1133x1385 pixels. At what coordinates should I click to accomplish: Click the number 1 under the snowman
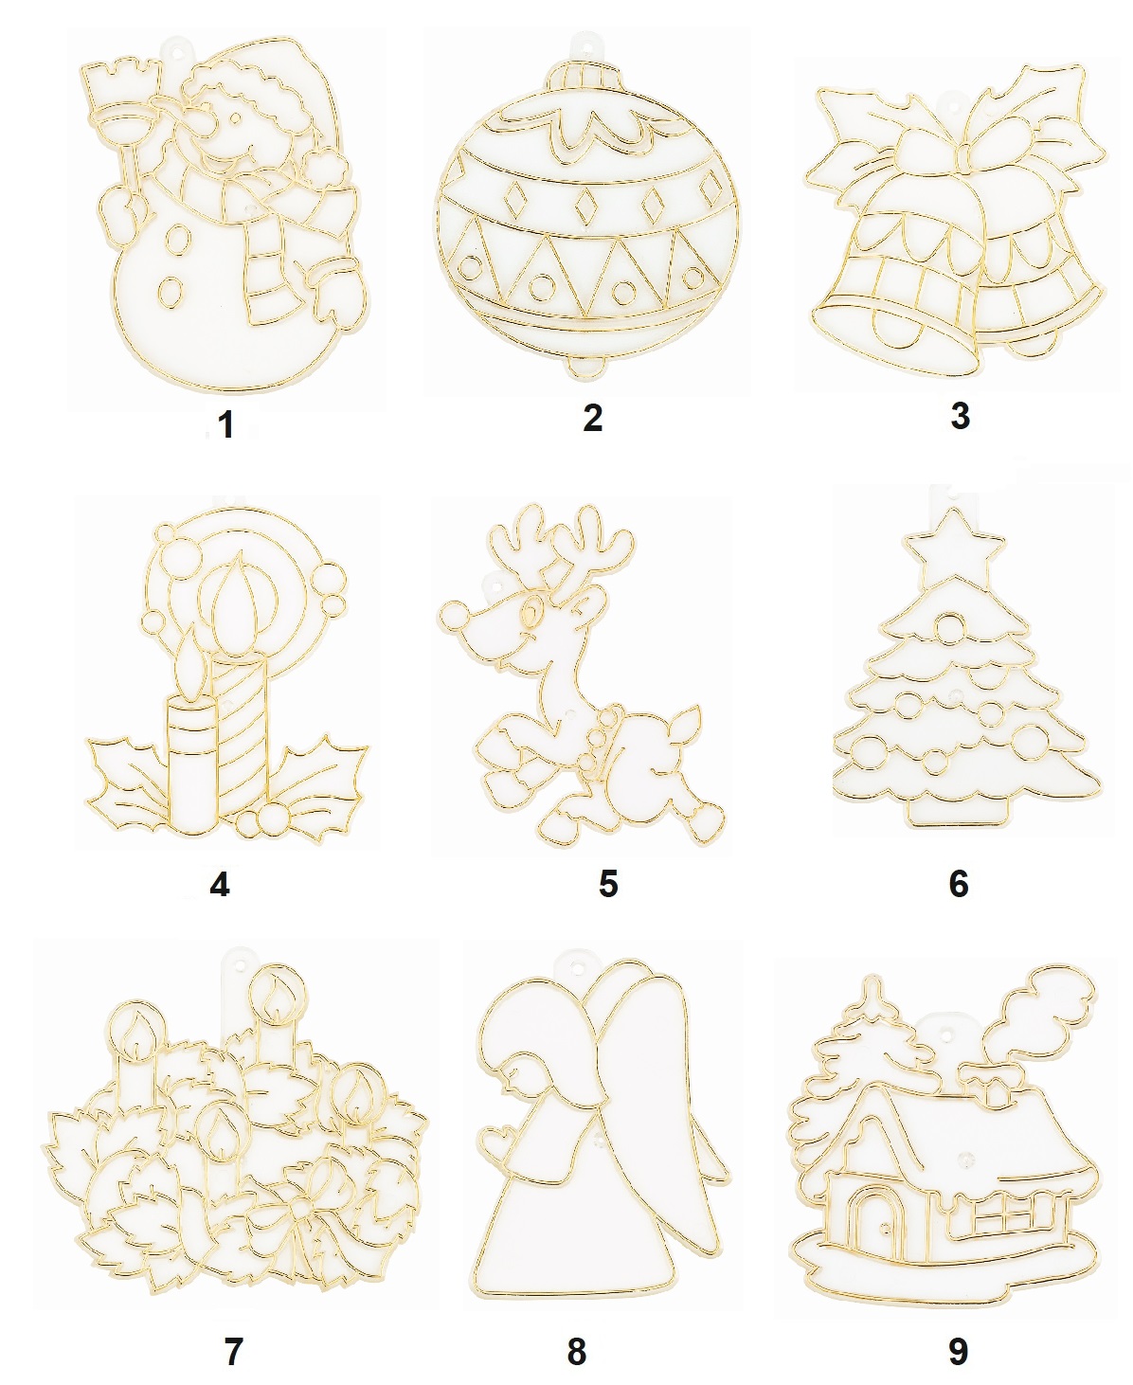(226, 424)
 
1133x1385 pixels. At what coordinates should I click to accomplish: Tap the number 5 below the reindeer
(607, 883)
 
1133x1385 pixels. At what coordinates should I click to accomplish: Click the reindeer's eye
(530, 613)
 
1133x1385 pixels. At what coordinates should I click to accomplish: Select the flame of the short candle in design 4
(189, 660)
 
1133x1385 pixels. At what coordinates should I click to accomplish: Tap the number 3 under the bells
(960, 416)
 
